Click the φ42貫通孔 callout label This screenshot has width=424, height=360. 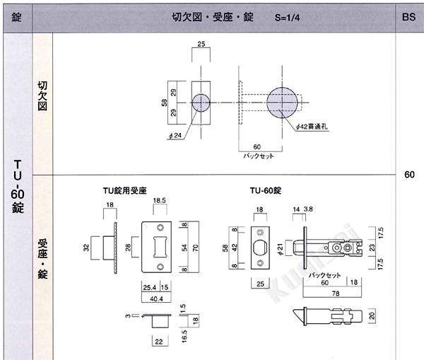[312, 127]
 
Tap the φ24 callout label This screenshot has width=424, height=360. [175, 135]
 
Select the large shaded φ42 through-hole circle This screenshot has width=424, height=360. [282, 103]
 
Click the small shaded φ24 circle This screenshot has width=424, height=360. [201, 103]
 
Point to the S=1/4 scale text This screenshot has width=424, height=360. [287, 18]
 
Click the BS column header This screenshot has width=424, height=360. [408, 17]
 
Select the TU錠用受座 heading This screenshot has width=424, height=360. [124, 190]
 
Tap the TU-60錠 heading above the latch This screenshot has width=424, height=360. [265, 190]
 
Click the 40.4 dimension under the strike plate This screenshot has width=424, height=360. [156, 299]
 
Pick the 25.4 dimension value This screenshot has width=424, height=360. [150, 287]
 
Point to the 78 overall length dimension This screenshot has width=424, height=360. [336, 294]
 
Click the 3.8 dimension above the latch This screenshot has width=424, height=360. [308, 209]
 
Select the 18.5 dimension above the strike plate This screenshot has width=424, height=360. [159, 201]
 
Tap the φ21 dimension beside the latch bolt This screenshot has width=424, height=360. [280, 249]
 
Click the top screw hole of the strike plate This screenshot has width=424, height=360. [160, 228]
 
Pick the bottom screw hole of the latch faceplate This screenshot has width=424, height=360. [260, 263]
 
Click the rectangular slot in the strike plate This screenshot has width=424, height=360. [160, 247]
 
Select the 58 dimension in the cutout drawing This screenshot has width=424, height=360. [164, 103]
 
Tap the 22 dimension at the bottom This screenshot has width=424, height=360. [159, 342]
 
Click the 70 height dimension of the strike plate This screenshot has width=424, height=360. [195, 248]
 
